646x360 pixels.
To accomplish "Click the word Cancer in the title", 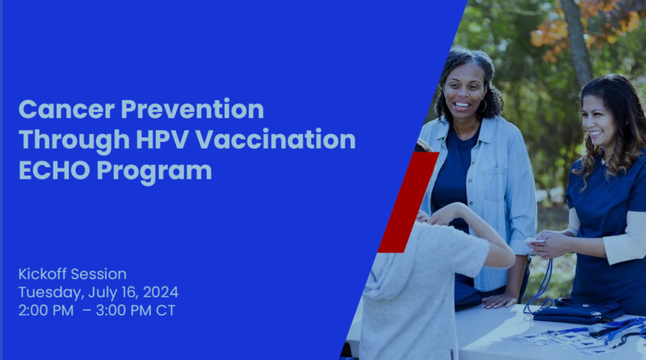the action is coord(66,110).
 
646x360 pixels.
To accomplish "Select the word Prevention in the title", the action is coord(192,110).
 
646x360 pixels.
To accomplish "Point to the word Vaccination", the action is coord(275,140).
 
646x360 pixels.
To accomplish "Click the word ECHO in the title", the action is coord(54,170).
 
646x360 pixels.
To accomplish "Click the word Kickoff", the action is coord(43,274).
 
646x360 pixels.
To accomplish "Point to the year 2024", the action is coord(161,292).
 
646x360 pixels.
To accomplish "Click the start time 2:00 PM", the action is coord(46,311).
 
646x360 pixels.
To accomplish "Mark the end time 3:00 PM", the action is coord(124,311).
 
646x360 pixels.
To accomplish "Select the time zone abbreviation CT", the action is coord(166,311).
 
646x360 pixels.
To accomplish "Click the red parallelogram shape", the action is coord(408,203).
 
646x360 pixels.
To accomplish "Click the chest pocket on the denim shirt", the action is coord(495,185).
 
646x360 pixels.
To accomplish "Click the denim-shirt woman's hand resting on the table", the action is coord(499,301).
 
